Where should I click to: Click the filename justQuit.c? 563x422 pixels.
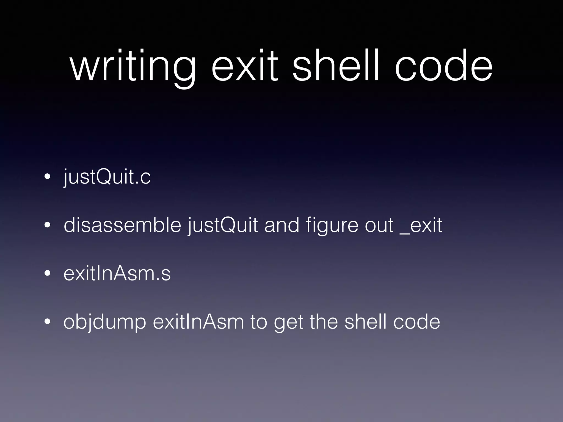(x=107, y=177)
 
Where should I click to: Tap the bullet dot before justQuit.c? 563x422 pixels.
(x=48, y=177)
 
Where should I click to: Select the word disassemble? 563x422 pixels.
(x=122, y=225)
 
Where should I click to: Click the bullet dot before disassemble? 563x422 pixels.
(x=48, y=226)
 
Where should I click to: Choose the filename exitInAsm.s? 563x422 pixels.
(x=117, y=274)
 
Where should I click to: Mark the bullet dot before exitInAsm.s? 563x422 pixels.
(x=48, y=274)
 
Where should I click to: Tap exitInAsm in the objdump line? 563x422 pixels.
(x=198, y=322)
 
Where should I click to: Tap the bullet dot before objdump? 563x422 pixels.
(x=48, y=322)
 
